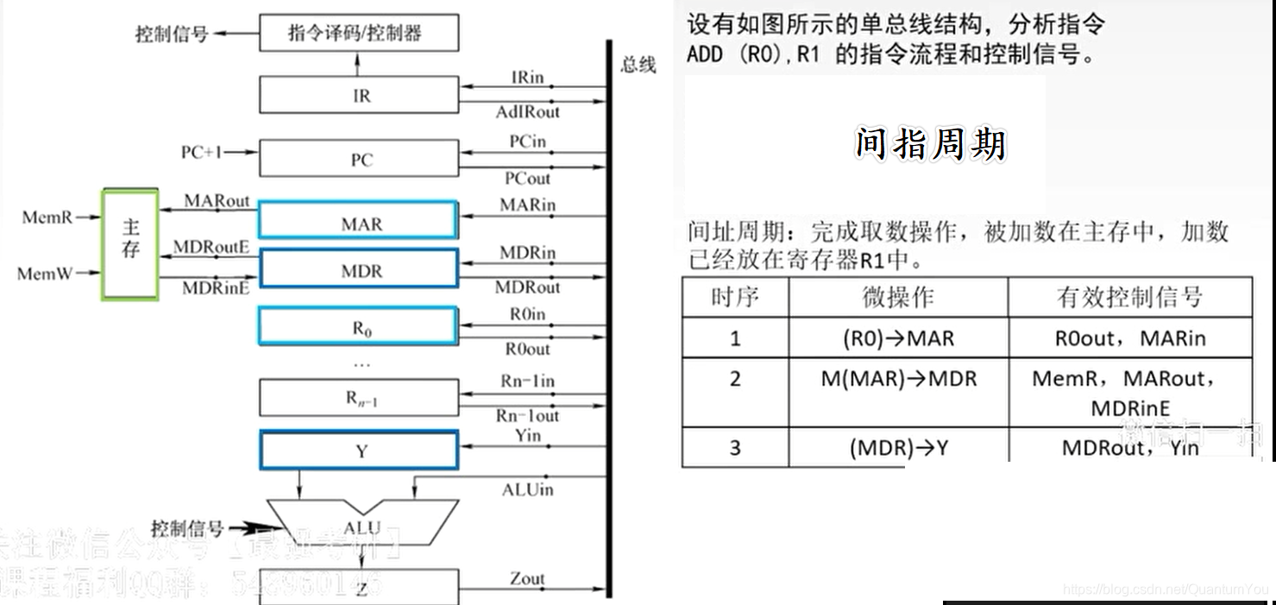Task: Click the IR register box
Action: [359, 95]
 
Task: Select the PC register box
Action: [359, 160]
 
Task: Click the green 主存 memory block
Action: [130, 243]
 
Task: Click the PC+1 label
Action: [202, 152]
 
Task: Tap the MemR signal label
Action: [47, 217]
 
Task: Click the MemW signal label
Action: [46, 274]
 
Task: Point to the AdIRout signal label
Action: [527, 112]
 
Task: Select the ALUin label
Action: [527, 490]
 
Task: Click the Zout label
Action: [527, 579]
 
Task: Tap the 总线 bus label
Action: [638, 66]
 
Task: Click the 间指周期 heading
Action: [930, 144]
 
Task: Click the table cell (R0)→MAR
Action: [898, 338]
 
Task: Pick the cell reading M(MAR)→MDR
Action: [898, 379]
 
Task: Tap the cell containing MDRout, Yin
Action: [1130, 448]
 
